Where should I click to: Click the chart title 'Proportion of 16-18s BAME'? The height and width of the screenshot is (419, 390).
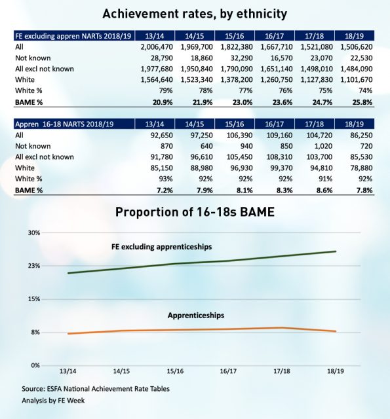(x=195, y=212)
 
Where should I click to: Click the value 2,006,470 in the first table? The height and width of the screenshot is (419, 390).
(x=157, y=47)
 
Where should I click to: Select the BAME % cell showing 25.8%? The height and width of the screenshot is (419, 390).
(x=362, y=102)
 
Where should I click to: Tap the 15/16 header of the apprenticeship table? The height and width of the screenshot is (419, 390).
(x=234, y=124)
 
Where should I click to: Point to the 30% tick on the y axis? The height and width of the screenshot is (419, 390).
(x=33, y=233)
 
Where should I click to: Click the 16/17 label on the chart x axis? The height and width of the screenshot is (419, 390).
(x=228, y=371)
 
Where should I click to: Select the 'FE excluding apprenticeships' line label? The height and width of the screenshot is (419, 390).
(x=161, y=247)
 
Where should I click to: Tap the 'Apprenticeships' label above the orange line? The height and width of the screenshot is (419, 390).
(x=196, y=316)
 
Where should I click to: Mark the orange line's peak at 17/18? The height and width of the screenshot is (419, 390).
(x=282, y=327)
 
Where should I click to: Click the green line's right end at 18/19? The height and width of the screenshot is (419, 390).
(x=336, y=251)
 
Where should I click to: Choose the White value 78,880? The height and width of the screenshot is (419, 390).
(x=361, y=168)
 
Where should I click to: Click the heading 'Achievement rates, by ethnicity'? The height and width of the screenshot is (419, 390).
(x=195, y=14)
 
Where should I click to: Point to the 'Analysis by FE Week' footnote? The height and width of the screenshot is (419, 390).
(x=53, y=401)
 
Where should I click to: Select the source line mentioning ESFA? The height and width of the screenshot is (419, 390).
(x=96, y=388)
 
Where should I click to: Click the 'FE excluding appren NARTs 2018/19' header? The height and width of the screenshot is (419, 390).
(x=73, y=36)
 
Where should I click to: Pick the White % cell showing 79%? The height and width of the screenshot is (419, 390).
(x=166, y=90)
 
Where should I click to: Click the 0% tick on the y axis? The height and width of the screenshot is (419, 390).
(x=35, y=365)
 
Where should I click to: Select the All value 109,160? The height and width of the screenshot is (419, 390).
(x=279, y=136)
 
